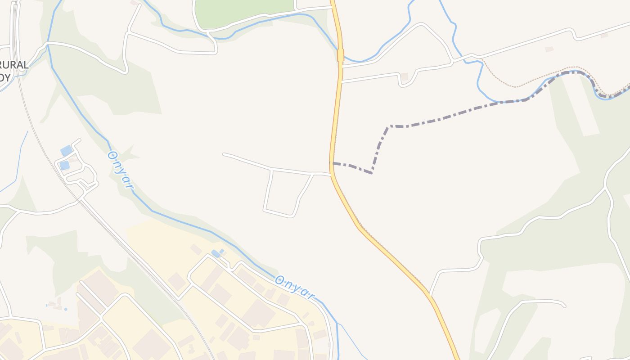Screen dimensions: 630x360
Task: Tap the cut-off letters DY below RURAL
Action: pyautogui.click(x=5, y=77)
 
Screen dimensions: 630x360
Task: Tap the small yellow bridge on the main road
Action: pyautogui.click(x=340, y=55)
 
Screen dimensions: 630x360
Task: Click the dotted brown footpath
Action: pyautogui.click(x=517, y=85)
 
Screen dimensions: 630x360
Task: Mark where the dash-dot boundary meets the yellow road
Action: pyautogui.click(x=332, y=163)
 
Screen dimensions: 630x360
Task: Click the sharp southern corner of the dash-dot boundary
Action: pyautogui.click(x=372, y=173)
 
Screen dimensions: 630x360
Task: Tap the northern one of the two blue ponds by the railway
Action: pyautogui.click(x=66, y=151)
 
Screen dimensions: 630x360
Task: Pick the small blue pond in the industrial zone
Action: pyautogui.click(x=216, y=254)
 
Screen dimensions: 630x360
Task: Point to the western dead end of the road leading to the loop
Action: pyautogui.click(x=224, y=154)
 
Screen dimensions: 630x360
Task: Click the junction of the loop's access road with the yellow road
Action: pyautogui.click(x=331, y=175)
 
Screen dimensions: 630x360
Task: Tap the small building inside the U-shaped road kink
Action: pyautogui.click(x=405, y=77)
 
